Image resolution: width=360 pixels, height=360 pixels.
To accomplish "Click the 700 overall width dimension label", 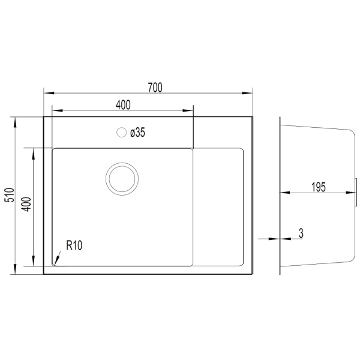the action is tap(155, 88).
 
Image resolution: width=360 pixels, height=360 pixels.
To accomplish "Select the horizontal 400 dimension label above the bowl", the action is tap(123, 105).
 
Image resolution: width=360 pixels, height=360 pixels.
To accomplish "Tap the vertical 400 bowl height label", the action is tap(26, 205).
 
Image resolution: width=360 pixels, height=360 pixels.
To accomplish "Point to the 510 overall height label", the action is tap(10, 196).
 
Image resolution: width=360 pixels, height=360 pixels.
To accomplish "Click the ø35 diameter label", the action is tap(137, 133).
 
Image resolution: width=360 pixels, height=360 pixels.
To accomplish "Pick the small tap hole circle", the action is tap(121, 133).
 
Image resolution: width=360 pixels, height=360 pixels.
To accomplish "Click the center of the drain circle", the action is tap(122, 179).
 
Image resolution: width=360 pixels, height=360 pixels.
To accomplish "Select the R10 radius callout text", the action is tap(74, 245).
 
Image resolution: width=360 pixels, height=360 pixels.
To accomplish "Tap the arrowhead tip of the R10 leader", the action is tap(55, 265).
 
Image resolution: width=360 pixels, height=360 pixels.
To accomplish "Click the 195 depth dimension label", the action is tap(319, 187).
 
